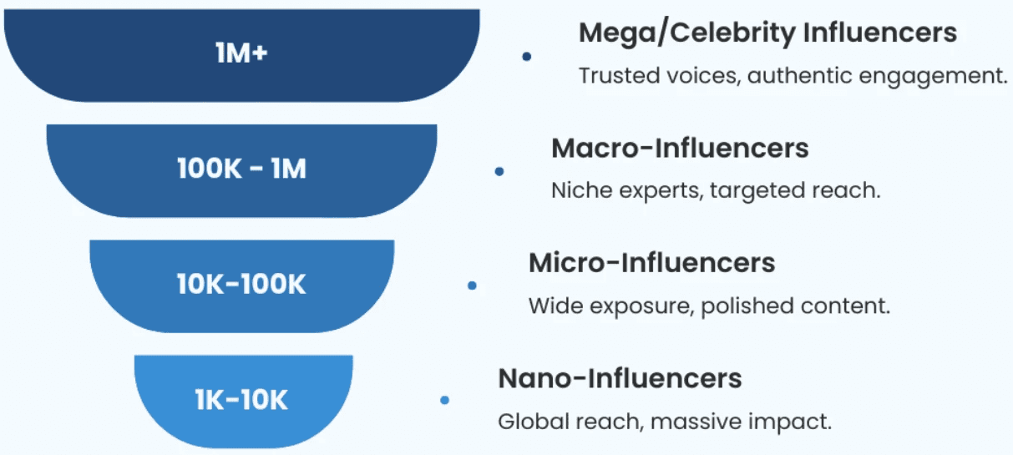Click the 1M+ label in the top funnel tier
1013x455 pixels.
[x=241, y=54]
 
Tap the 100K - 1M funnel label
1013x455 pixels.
[x=241, y=169]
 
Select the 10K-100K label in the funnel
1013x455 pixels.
[x=241, y=285]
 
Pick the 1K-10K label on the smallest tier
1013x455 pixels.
[x=241, y=400]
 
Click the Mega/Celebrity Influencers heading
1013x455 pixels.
[x=767, y=33]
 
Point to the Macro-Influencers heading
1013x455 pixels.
[x=680, y=149]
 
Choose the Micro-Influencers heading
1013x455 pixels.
[x=651, y=263]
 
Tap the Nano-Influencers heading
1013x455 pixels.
[x=620, y=378]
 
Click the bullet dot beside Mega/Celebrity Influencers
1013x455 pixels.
[x=527, y=57]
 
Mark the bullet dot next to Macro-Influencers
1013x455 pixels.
[x=499, y=171]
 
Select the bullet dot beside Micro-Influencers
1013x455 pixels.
[x=472, y=286]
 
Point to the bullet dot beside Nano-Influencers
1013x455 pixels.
[x=444, y=401]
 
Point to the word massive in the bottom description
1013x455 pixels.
[x=691, y=421]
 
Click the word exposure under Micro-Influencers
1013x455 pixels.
[x=641, y=306]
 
